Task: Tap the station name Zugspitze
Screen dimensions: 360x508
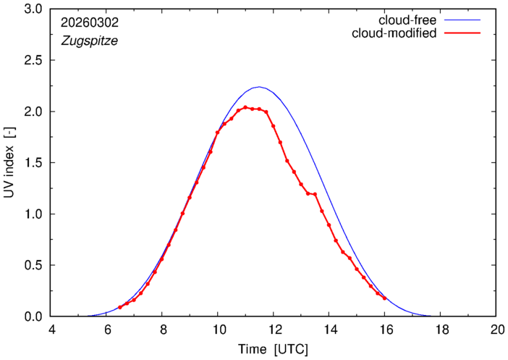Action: (x=90, y=41)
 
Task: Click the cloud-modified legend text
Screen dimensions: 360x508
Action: (x=394, y=33)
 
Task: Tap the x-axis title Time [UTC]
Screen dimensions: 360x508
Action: (x=273, y=350)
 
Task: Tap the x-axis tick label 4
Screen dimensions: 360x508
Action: (x=51, y=328)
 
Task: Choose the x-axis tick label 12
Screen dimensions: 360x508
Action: (x=273, y=328)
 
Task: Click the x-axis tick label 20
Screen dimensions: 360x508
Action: (x=496, y=328)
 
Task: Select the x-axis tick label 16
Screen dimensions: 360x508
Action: (x=384, y=328)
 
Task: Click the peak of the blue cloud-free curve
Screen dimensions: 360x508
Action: (x=258, y=87)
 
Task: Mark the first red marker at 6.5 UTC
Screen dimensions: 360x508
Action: (x=120, y=308)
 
